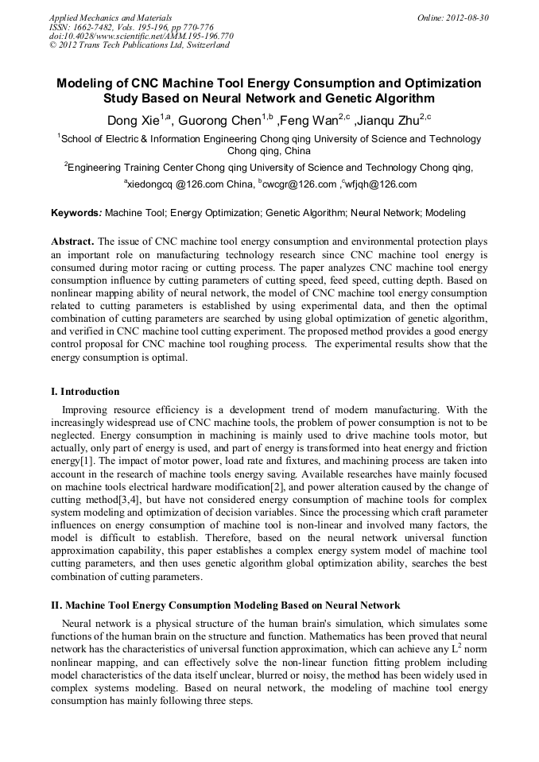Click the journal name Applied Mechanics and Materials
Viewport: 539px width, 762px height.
[x=110, y=17]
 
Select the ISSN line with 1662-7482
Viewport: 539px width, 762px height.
[x=132, y=26]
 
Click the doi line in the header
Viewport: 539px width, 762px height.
[x=142, y=36]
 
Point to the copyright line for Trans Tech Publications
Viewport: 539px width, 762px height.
[x=139, y=45]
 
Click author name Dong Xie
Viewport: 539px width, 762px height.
[x=134, y=122]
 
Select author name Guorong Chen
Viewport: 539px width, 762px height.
[x=220, y=122]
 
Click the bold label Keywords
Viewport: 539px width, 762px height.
[x=76, y=213]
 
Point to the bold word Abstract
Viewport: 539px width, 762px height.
[x=72, y=241]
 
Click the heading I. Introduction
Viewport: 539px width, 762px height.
[x=85, y=392]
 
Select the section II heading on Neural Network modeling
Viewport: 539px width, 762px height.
[x=225, y=605]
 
